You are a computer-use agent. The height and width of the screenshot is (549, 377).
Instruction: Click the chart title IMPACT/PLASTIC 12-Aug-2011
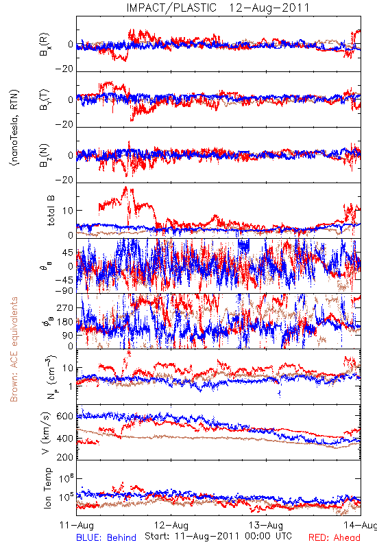218,8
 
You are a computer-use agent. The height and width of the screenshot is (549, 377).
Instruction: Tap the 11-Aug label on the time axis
77,525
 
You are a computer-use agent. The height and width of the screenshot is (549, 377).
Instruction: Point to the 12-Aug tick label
171,525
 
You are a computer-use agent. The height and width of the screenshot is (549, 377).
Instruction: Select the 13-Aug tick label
266,525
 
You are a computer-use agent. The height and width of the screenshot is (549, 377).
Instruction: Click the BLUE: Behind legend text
106,537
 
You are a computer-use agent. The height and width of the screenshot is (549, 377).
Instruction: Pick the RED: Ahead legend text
335,537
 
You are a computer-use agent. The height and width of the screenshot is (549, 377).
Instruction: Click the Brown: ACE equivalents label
14,349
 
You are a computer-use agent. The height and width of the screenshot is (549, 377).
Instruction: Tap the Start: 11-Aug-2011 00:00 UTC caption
218,536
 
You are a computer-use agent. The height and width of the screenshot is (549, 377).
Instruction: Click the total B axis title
50,210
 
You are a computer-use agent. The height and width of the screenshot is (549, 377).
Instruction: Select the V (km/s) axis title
46,433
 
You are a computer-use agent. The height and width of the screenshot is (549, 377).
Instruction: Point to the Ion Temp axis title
47,488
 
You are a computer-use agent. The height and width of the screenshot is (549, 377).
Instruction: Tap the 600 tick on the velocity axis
65,416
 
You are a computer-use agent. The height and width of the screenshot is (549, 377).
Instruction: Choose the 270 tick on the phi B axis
65,307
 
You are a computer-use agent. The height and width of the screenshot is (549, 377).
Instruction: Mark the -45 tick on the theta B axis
64,280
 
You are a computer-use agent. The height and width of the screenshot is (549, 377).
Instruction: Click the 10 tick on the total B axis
68,211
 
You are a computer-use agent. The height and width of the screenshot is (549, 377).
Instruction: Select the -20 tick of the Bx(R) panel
64,69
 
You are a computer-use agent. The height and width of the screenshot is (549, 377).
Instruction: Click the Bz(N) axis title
45,155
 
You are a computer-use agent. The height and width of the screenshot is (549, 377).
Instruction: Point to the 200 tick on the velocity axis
65,457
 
